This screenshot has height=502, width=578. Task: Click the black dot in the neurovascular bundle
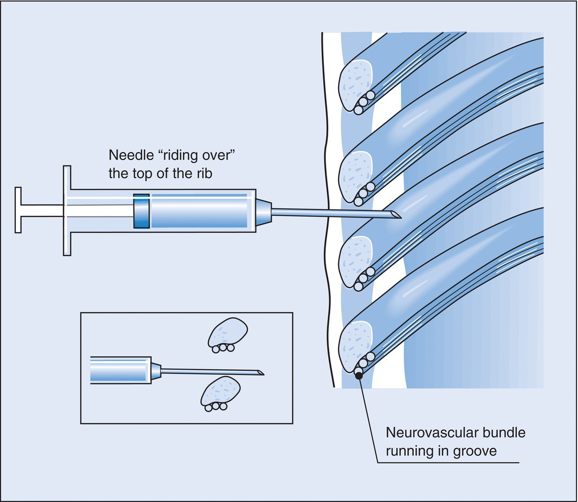(359, 376)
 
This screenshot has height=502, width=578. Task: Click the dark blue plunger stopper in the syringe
(141, 211)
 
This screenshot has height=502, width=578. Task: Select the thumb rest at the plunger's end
(18, 210)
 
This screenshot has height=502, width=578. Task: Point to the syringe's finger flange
(67, 211)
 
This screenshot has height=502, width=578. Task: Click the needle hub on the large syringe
(263, 212)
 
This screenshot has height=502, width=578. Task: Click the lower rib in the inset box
(220, 391)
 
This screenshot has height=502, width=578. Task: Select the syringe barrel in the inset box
(120, 370)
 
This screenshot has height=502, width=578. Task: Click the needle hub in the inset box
(156, 370)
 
